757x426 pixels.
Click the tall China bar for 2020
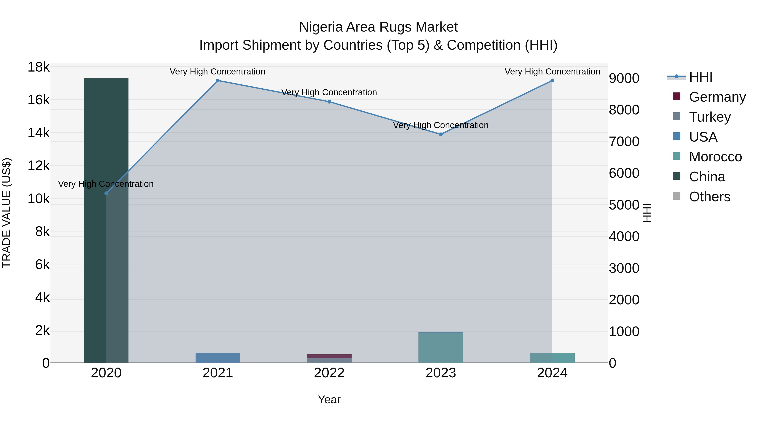pos(106,220)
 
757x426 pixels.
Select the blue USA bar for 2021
pos(218,358)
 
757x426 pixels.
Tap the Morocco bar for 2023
pos(441,348)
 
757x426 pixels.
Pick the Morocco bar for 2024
pos(552,358)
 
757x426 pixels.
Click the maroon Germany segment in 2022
pos(329,356)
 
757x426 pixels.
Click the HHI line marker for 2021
pos(218,81)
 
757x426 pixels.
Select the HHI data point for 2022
pos(329,102)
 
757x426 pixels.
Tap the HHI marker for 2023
pos(441,134)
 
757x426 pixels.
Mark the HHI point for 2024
pos(552,81)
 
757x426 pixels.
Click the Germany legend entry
pos(717,97)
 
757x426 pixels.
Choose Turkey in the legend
pos(710,117)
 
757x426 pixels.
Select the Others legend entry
pos(709,197)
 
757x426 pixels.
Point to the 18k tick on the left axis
pos(38,67)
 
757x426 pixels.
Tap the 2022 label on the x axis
pos(329,373)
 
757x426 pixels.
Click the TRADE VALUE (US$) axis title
pos(7,213)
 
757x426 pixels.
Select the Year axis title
pos(329,399)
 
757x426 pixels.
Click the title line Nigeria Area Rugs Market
pos(378,27)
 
